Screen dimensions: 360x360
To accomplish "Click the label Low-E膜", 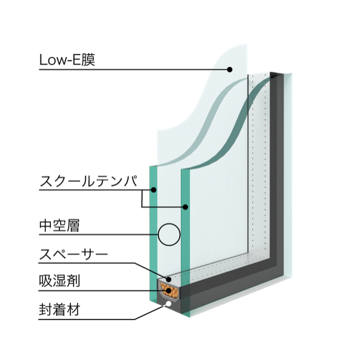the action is tap(67, 60).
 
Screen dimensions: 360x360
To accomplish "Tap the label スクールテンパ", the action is tap(89, 181).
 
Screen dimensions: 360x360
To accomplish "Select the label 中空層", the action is tap(59, 226).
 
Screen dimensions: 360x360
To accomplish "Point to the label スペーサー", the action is tap(73, 254).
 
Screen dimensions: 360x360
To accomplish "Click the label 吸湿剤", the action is tap(59, 280).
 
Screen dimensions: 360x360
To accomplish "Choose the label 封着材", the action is tap(59, 310).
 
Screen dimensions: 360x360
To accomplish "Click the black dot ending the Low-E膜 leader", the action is tap(230, 69).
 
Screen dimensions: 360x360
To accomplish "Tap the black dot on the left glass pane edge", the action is tap(154, 190).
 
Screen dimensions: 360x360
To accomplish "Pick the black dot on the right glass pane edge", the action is tap(186, 207).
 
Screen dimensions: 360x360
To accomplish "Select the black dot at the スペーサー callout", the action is tap(168, 279).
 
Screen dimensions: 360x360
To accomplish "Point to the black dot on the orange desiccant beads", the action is tap(169, 291).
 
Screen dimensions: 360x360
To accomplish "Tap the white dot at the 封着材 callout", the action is tap(168, 304).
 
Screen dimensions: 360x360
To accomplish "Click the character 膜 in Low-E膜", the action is tap(88, 60).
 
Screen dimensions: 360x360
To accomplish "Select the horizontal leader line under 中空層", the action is tap(99, 234).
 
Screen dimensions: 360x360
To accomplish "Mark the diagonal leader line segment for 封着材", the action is tap(151, 312).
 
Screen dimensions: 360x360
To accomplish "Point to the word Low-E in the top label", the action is tap(61, 60).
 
